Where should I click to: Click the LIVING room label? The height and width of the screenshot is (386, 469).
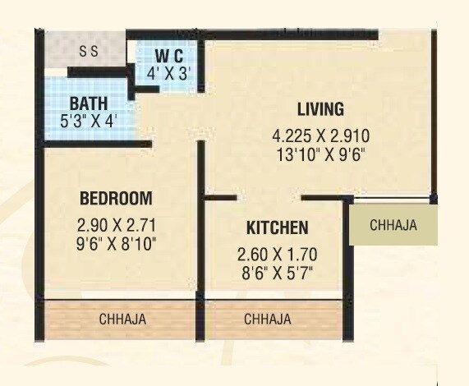[320, 110]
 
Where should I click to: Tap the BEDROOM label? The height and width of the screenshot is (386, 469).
[116, 198]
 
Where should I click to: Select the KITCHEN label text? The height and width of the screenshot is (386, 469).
[277, 227]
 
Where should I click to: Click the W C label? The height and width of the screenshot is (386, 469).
[168, 56]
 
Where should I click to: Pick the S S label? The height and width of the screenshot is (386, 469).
[89, 51]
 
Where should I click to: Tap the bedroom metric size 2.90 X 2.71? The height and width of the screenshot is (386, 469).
[116, 224]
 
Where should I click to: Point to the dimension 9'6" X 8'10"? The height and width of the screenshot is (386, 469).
[116, 243]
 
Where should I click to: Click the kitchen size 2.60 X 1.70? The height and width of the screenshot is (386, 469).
[277, 254]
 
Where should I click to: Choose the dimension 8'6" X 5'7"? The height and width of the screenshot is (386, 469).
[277, 271]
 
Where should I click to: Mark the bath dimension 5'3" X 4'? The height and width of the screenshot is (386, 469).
[88, 120]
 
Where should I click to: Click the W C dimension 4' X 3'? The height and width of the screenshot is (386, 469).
[169, 71]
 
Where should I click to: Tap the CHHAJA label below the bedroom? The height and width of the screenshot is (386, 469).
[122, 319]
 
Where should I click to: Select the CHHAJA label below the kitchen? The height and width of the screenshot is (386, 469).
[268, 319]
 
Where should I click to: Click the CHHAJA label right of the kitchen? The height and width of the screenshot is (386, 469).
[393, 225]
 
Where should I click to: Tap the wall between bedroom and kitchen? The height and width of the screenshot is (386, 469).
[200, 246]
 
